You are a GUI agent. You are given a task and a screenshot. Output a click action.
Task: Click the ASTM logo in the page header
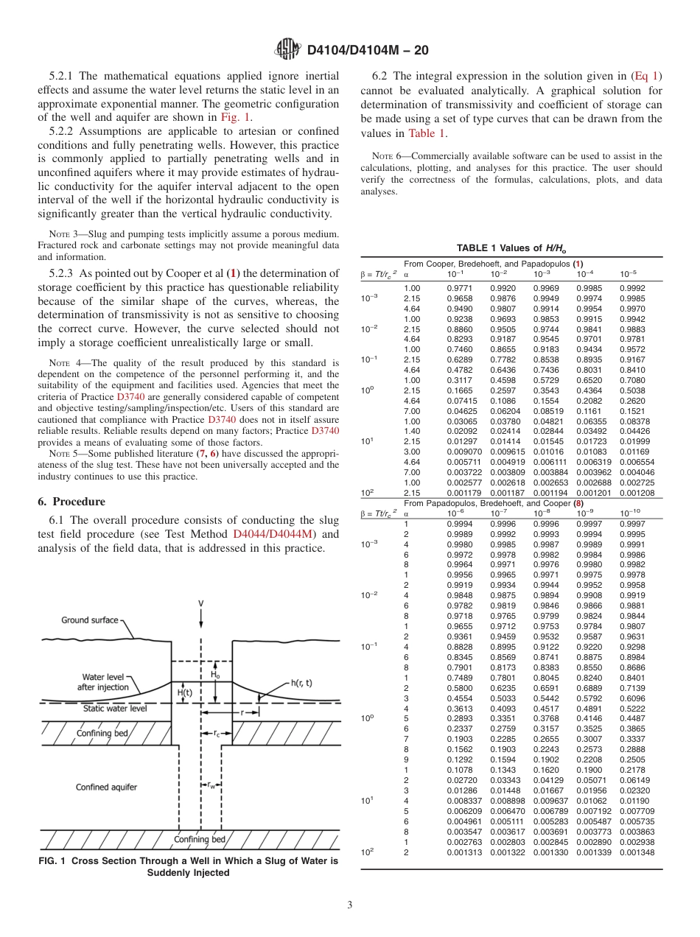(287, 50)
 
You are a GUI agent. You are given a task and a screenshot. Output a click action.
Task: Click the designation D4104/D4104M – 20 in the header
(367, 51)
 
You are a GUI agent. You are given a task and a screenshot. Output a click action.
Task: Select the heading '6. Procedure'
(71, 502)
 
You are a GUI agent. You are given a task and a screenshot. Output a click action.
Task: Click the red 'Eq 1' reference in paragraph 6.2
(646, 75)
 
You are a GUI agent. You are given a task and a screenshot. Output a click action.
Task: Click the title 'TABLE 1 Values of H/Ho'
(511, 248)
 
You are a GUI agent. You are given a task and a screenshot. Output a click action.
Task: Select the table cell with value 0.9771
(459, 287)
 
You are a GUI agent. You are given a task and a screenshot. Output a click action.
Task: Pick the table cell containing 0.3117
(459, 379)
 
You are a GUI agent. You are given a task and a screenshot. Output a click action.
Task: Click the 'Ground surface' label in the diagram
(89, 620)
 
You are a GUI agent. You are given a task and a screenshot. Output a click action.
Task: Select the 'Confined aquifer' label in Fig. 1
(106, 787)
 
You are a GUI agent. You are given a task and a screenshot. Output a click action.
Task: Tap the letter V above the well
(200, 603)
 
